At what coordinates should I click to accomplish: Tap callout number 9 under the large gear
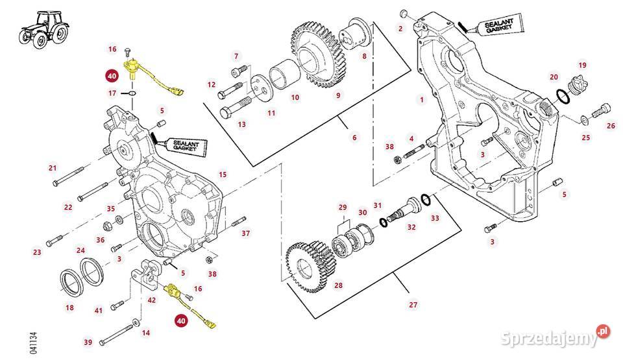click(x=337, y=96)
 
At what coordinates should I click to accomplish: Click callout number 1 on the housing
click(x=421, y=100)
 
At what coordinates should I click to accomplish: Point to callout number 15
click(x=223, y=174)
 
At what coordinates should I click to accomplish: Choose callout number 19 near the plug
click(x=583, y=65)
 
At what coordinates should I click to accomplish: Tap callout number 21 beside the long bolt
click(x=53, y=168)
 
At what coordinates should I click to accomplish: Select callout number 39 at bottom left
click(x=88, y=342)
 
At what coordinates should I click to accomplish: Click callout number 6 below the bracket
click(x=354, y=138)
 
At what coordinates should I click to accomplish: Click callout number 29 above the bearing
click(x=343, y=208)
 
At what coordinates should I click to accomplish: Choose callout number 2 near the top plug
click(x=400, y=28)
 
